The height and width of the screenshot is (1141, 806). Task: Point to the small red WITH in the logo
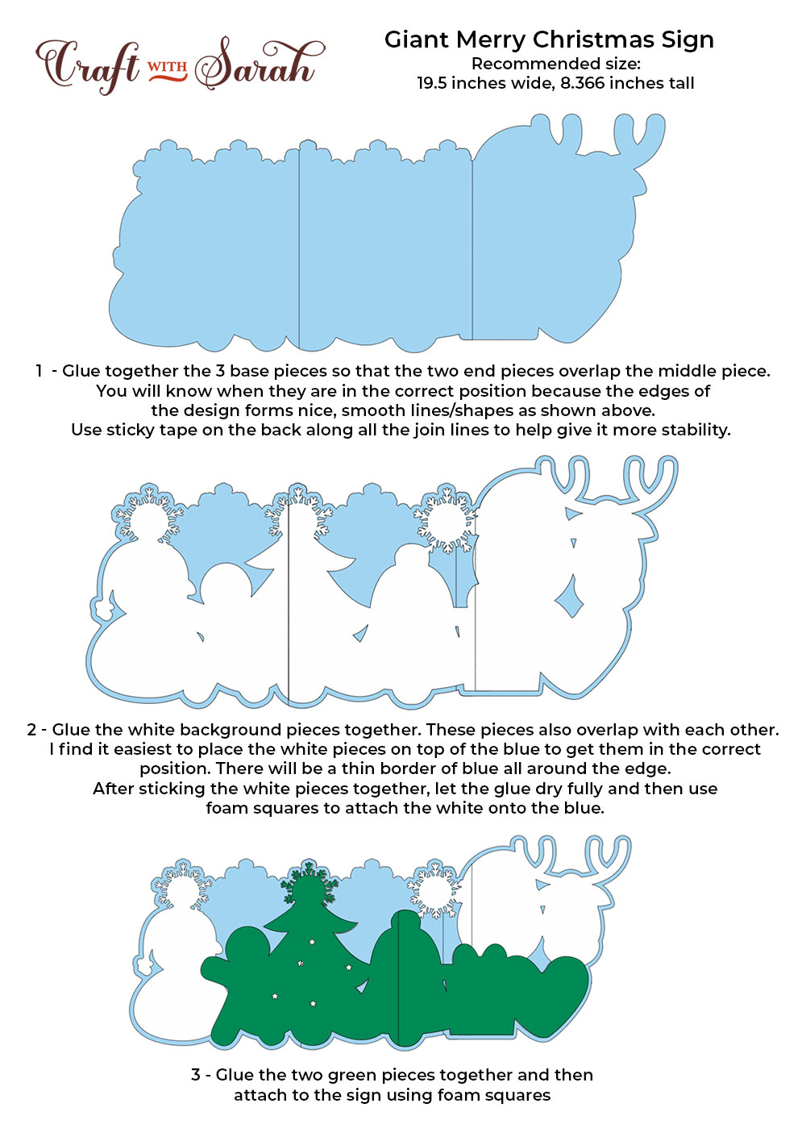pyautogui.click(x=168, y=68)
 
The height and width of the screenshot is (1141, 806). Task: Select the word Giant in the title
pyautogui.click(x=417, y=40)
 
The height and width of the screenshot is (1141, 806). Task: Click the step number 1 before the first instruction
pyautogui.click(x=39, y=371)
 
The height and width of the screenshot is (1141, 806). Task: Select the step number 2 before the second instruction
pyautogui.click(x=31, y=730)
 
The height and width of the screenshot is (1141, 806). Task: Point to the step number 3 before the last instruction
pyautogui.click(x=196, y=1075)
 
